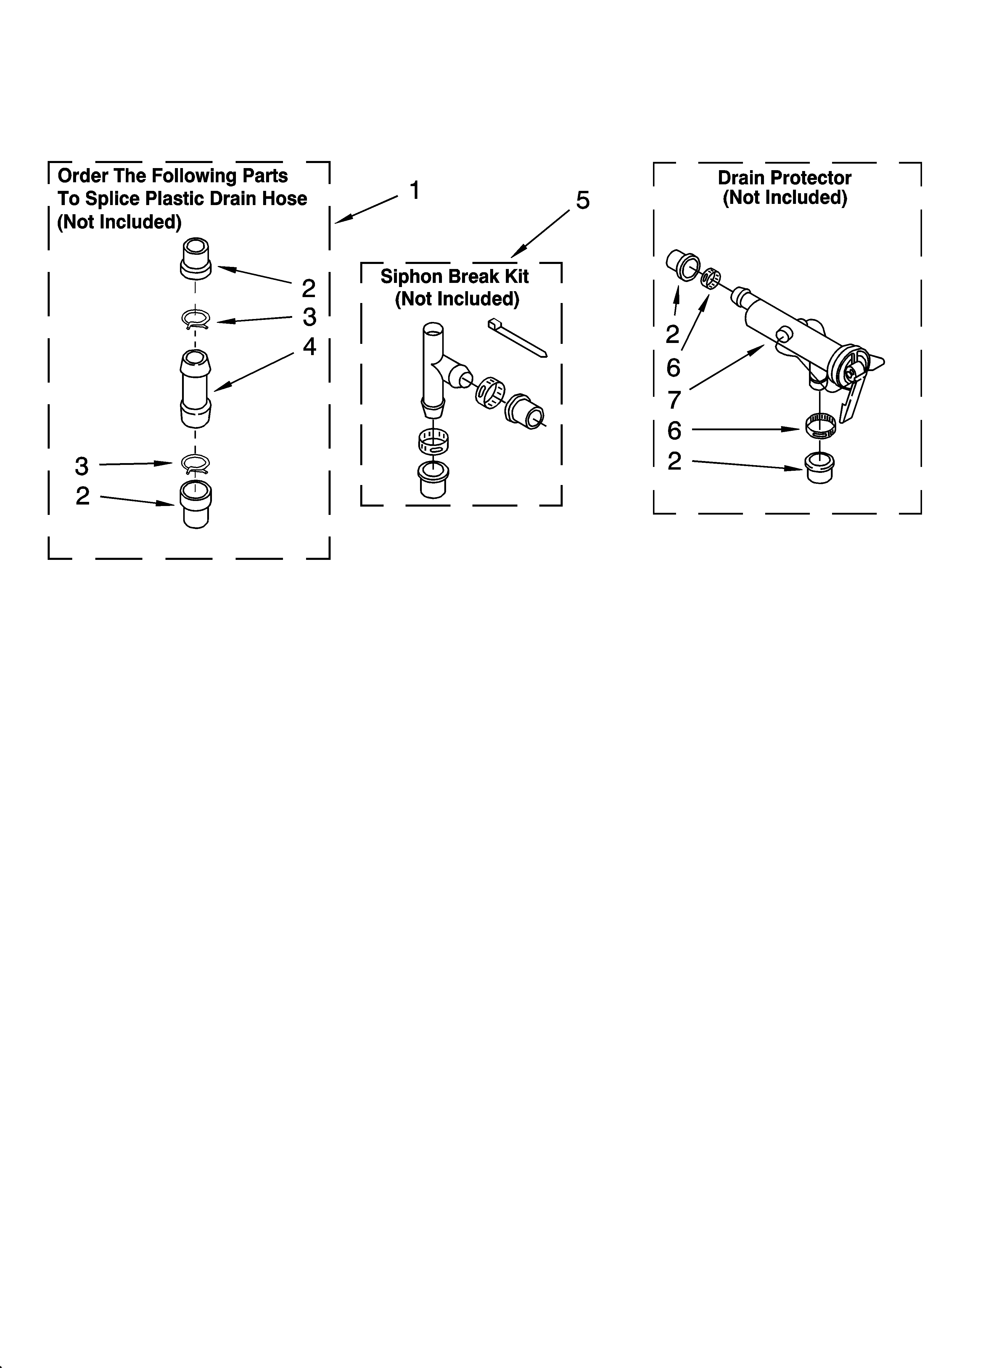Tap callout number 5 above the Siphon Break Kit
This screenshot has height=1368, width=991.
click(x=583, y=200)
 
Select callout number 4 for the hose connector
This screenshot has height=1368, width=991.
click(x=309, y=347)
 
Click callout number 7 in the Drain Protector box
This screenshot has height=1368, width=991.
click(x=674, y=399)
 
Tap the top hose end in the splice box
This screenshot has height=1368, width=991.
click(x=196, y=258)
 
